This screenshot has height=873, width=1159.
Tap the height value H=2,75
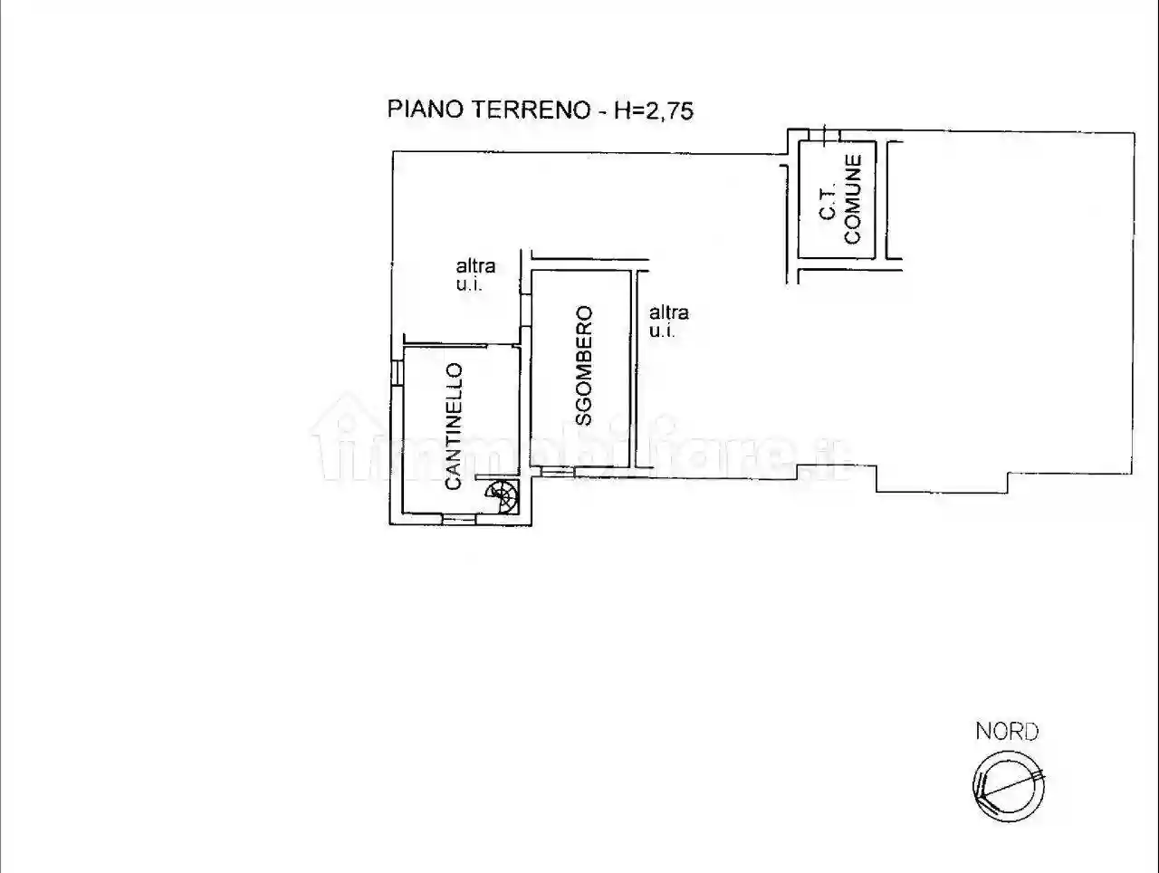[x=654, y=110]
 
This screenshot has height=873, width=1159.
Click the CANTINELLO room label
[x=454, y=427]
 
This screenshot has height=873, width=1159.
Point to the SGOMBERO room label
[x=584, y=366]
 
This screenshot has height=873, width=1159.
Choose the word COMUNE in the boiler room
[x=852, y=198]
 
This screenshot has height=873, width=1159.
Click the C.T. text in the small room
[x=827, y=198]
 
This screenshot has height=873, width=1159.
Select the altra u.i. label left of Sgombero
[x=475, y=274]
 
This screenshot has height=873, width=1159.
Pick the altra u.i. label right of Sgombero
[x=668, y=321]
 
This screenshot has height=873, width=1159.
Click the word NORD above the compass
[x=1007, y=731]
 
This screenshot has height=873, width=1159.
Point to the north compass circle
[x=1008, y=785]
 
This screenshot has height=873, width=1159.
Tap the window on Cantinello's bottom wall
[x=459, y=519]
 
